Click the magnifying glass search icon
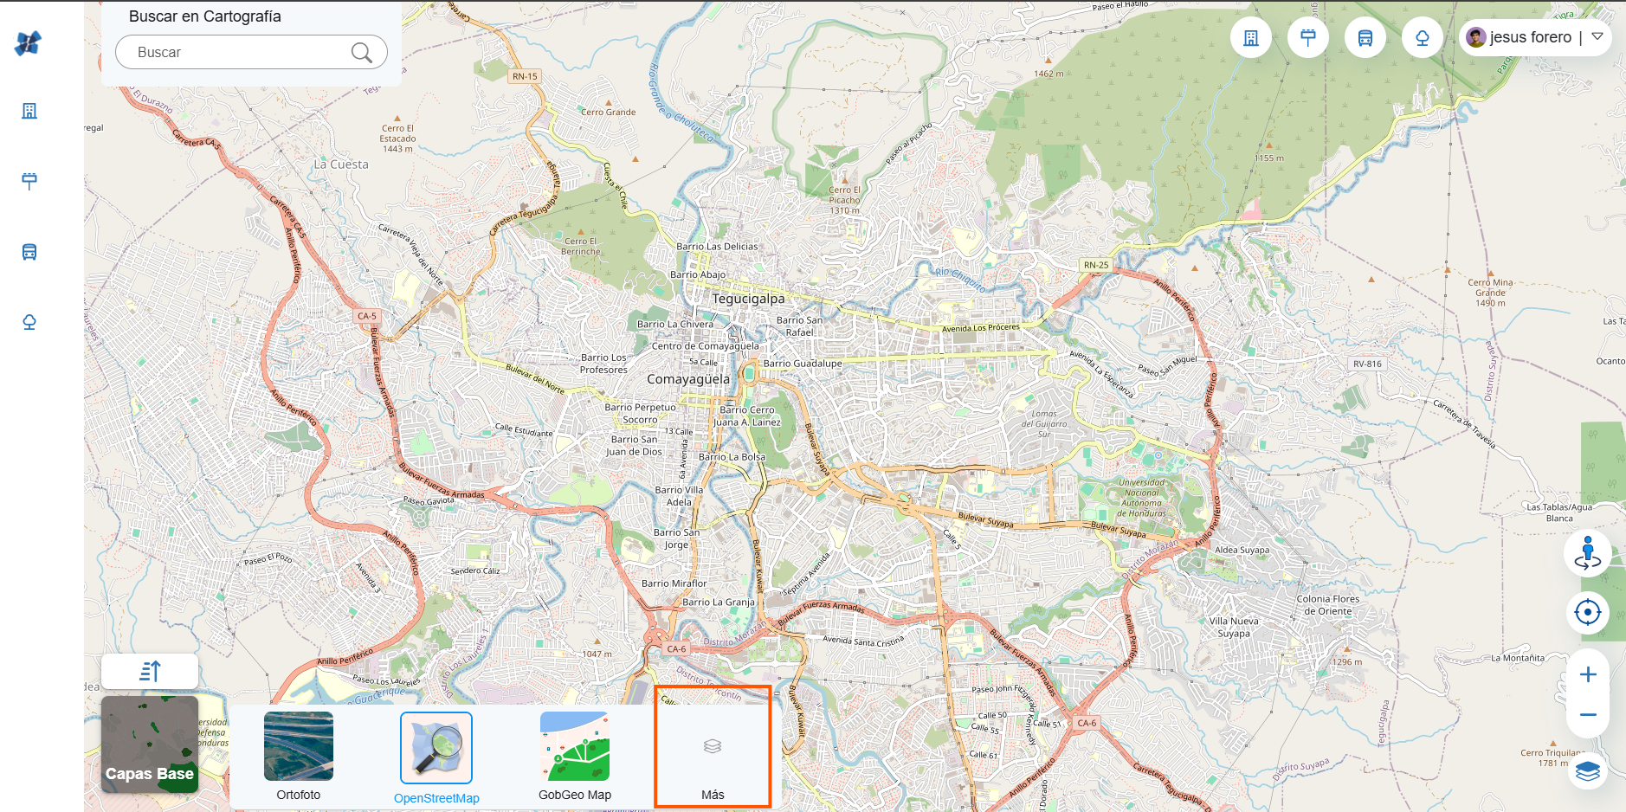point(361,53)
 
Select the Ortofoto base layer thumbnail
point(298,746)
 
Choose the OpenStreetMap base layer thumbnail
point(436,748)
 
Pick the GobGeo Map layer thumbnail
point(575,746)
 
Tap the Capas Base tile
point(150,744)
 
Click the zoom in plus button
point(1587,674)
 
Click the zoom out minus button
point(1587,715)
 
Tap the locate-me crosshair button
point(1587,613)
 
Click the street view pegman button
point(1587,553)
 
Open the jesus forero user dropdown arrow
point(1597,36)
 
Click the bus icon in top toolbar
point(1365,38)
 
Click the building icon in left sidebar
point(29,111)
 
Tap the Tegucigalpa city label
point(748,299)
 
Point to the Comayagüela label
point(688,379)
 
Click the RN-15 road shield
point(525,76)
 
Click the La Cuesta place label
point(341,164)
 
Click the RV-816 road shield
point(1367,364)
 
